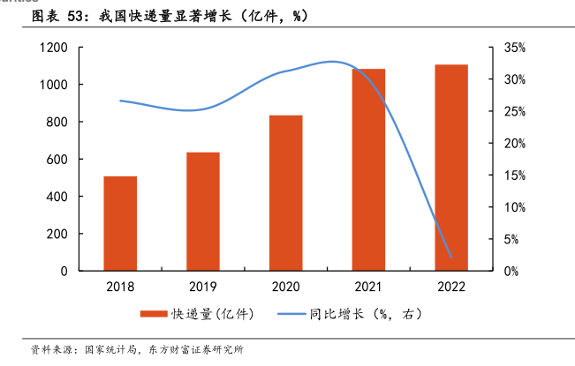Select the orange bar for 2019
pos(202,212)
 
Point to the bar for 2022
pos(451,168)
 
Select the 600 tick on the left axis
pos(57,160)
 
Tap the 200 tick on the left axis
pos(57,234)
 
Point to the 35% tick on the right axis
pos(514,48)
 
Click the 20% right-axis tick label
pos(514,144)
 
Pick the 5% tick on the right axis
pos(511,239)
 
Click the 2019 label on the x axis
pos(202,287)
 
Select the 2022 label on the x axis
pos(451,287)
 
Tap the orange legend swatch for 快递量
pos(154,313)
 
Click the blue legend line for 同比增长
pos(297,313)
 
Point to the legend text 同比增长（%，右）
pos(372,313)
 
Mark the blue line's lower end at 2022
pos(451,258)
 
